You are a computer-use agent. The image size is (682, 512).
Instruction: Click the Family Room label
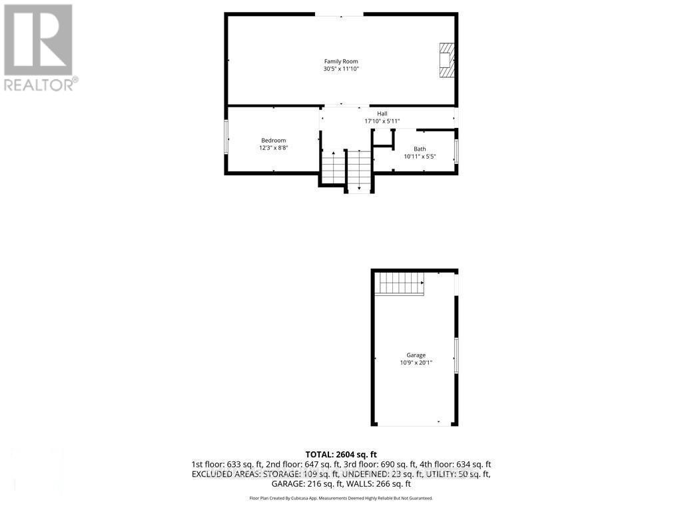(341, 61)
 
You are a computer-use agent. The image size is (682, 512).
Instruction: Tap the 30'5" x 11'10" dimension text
(341, 69)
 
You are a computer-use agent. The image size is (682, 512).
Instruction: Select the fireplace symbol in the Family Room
(446, 61)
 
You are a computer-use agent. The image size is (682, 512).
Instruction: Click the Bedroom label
(273, 140)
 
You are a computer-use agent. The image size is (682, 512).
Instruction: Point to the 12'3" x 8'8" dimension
(273, 147)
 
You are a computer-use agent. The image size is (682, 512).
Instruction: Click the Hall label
(382, 113)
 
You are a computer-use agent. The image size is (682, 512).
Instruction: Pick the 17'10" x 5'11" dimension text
(382, 121)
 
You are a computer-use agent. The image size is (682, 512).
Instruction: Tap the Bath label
(420, 149)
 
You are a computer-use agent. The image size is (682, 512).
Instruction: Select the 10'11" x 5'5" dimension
(420, 157)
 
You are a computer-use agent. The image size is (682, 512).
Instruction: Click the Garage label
(416, 355)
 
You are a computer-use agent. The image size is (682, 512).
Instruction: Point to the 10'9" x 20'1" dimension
(416, 363)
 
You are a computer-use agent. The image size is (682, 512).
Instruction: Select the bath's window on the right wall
(456, 151)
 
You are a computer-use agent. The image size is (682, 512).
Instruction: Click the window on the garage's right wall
(456, 355)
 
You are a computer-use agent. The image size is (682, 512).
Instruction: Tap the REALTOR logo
(40, 47)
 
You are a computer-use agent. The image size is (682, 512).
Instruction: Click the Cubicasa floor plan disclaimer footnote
(341, 498)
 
